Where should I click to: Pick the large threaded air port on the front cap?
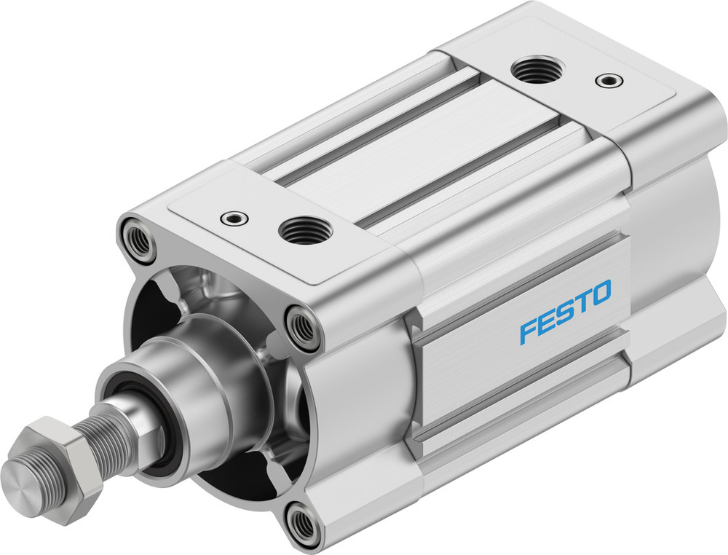(x=306, y=232)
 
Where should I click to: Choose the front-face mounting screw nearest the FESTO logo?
(x=301, y=326)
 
